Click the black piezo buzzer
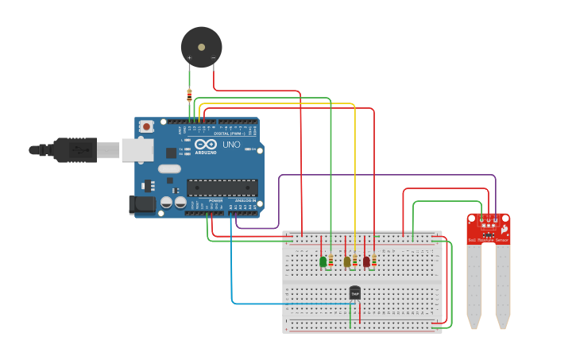[x=200, y=46]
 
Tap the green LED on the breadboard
[x=323, y=261]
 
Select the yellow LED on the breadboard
[x=346, y=261]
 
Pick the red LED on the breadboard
[x=366, y=261]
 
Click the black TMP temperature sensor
[x=354, y=293]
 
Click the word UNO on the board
[x=230, y=145]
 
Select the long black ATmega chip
[x=222, y=188]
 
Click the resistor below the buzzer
[x=189, y=95]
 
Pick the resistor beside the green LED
[x=331, y=259]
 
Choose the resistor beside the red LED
[x=373, y=259]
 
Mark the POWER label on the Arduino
[x=215, y=200]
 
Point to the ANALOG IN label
[x=245, y=200]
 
